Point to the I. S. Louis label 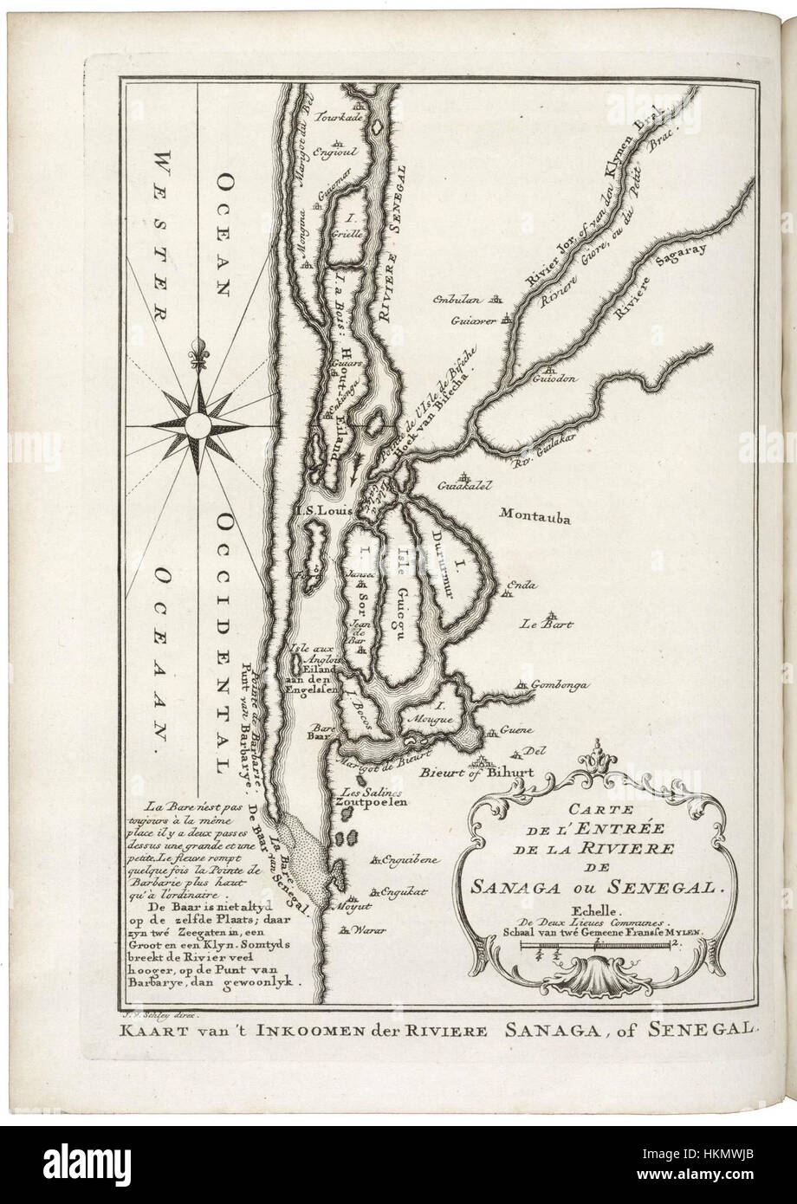pyautogui.click(x=323, y=511)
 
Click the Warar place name pyautogui.click(x=369, y=931)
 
